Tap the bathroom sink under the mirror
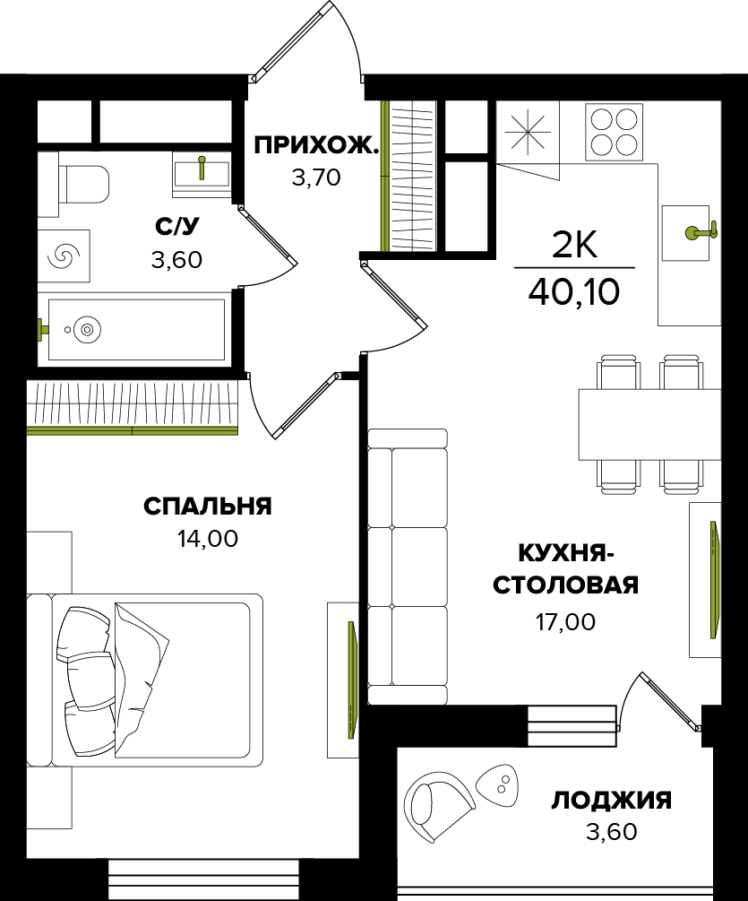pyautogui.click(x=202, y=173)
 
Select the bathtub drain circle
pyautogui.click(x=87, y=330)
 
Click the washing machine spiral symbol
pyautogui.click(x=64, y=256)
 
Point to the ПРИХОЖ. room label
pyautogui.click(x=316, y=146)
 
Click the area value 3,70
pyautogui.click(x=316, y=178)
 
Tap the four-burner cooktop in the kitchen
pyautogui.click(x=615, y=132)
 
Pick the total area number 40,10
pyautogui.click(x=574, y=292)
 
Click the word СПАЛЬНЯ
pyautogui.click(x=207, y=507)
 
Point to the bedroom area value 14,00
pyautogui.click(x=207, y=539)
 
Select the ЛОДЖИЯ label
pyautogui.click(x=611, y=801)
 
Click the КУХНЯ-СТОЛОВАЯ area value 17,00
pyautogui.click(x=565, y=621)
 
